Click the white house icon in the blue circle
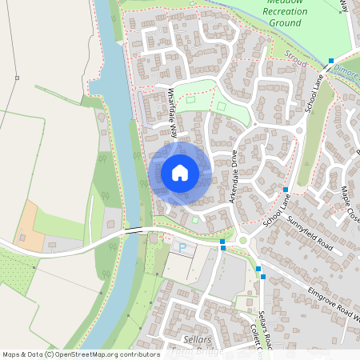coord(180,172)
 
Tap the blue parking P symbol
coord(182,249)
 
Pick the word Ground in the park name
coord(285,23)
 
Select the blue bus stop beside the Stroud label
coord(330,61)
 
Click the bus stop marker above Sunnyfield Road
coord(286,190)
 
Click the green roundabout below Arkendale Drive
coord(242,241)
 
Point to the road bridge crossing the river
coord(134,230)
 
